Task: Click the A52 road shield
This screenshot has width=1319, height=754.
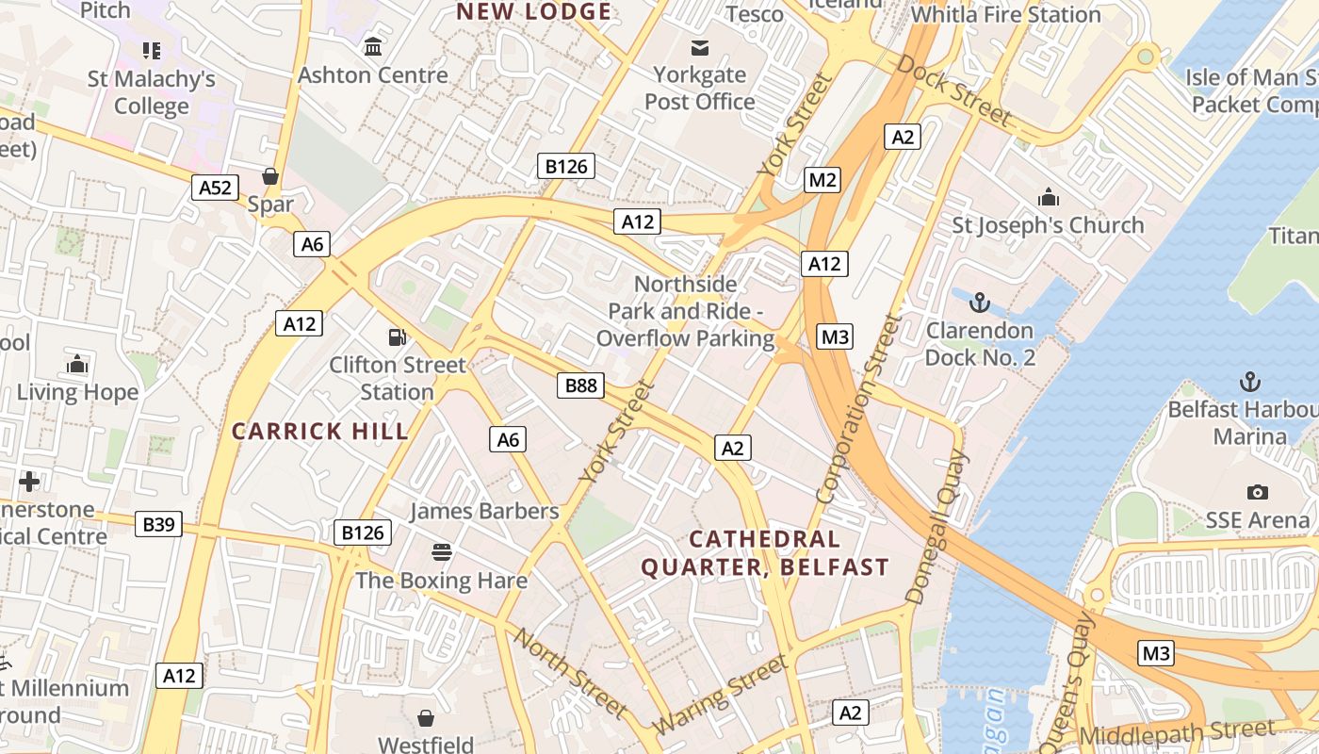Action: [215, 188]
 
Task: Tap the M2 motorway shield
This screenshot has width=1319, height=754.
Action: [822, 180]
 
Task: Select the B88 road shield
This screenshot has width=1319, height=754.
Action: [579, 385]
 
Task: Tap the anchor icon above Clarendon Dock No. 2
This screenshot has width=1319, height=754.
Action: [980, 303]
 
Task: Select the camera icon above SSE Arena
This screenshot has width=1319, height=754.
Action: [1257, 492]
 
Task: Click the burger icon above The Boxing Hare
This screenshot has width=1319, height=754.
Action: [441, 551]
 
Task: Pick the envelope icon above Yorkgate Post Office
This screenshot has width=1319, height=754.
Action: [700, 47]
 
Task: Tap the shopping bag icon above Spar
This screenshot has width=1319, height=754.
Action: [270, 176]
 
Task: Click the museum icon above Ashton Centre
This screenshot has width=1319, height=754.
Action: [373, 46]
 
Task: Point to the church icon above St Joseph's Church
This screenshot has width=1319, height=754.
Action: [1048, 198]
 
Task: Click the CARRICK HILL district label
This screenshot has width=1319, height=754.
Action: [320, 432]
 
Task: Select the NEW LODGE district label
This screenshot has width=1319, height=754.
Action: [533, 12]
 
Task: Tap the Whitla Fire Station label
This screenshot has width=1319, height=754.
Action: [1005, 15]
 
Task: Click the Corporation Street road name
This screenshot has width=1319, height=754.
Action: [858, 407]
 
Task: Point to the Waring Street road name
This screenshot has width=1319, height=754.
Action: [721, 696]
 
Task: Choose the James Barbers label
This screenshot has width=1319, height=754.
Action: [484, 511]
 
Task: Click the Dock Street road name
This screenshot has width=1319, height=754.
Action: [953, 90]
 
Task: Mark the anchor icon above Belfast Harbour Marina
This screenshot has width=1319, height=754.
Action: [1249, 382]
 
